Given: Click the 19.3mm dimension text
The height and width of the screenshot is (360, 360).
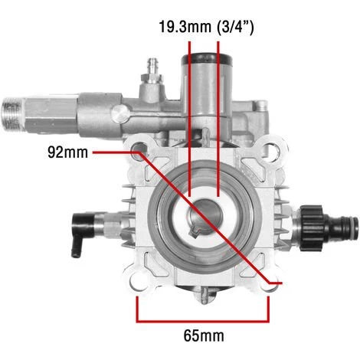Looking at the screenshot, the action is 185,27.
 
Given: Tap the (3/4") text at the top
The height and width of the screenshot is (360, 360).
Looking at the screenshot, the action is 235,27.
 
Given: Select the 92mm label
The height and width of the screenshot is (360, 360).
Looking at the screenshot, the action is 67,152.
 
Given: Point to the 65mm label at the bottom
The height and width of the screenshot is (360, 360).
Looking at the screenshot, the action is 204,335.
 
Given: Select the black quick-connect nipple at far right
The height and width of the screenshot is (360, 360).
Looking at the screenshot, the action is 343,228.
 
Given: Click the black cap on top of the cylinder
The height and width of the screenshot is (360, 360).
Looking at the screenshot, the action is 207,58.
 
